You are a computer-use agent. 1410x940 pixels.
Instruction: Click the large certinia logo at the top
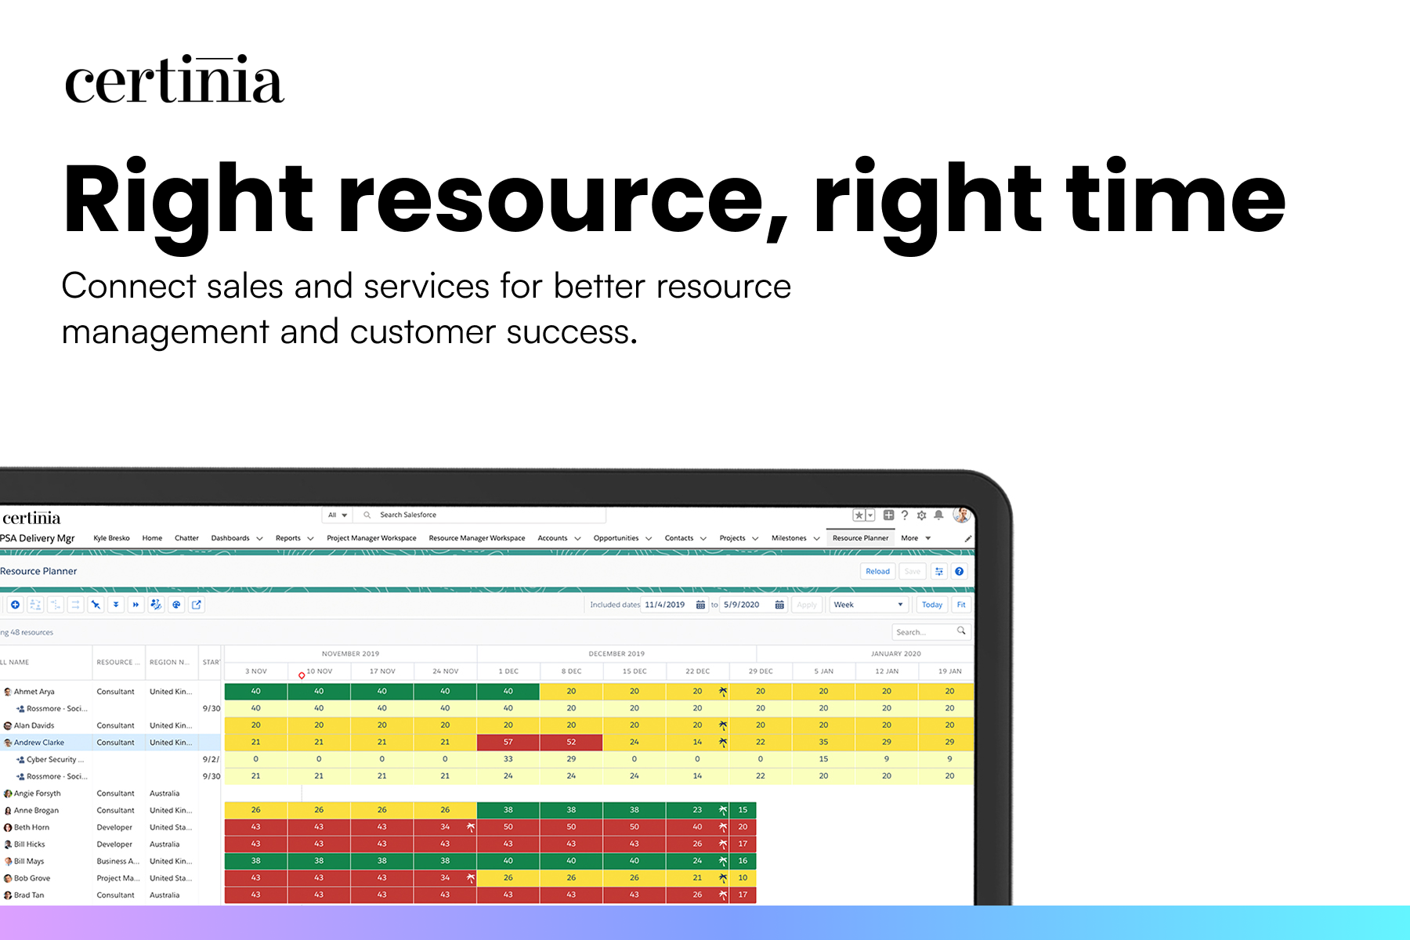[x=174, y=80]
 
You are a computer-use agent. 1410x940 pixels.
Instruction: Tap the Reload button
[x=877, y=571]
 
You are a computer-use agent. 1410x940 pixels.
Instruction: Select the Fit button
[x=961, y=605]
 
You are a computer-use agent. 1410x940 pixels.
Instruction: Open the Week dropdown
[x=868, y=605]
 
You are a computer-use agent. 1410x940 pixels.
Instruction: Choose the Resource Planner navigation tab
[x=860, y=538]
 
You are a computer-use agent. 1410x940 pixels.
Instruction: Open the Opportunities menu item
[x=616, y=538]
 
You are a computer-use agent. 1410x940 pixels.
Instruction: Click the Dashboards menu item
[x=230, y=538]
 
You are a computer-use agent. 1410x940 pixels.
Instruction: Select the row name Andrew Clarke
[x=39, y=743]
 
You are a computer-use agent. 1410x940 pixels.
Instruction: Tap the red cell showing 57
[x=508, y=742]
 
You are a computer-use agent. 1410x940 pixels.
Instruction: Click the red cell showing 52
[x=571, y=742]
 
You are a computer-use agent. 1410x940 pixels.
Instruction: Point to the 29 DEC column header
[x=760, y=671]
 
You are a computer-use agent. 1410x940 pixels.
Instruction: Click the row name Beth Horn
[x=31, y=827]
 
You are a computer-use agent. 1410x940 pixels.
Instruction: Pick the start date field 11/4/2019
[x=665, y=605]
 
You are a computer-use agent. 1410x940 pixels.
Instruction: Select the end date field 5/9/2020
[x=742, y=605]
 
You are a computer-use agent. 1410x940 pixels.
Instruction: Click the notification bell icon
[x=938, y=515]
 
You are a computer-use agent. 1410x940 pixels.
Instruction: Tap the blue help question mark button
[x=960, y=571]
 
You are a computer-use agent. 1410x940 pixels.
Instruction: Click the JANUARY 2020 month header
[x=895, y=653]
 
